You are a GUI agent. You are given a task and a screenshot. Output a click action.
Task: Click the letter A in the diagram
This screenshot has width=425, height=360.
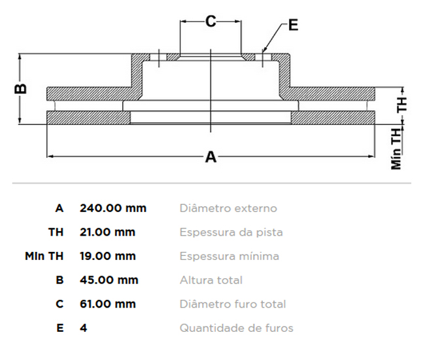pyautogui.click(x=211, y=157)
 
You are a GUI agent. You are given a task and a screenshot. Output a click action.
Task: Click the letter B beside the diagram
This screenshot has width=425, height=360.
pyautogui.click(x=21, y=88)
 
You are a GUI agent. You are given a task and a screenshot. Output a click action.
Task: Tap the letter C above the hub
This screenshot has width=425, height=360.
pyautogui.click(x=211, y=22)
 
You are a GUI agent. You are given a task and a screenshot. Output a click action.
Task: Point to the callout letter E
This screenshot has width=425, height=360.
pyautogui.click(x=292, y=26)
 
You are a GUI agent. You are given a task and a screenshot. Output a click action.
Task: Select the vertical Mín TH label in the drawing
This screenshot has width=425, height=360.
pyautogui.click(x=397, y=149)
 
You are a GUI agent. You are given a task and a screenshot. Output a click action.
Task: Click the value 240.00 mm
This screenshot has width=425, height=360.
pyautogui.click(x=113, y=208)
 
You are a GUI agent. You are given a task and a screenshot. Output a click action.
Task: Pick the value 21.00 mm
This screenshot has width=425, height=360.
pyautogui.click(x=107, y=232)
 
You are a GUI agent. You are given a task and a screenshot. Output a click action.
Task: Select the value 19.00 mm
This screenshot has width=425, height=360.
pyautogui.click(x=107, y=256)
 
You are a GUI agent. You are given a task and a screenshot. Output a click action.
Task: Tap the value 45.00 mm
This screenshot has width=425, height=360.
pyautogui.click(x=109, y=280)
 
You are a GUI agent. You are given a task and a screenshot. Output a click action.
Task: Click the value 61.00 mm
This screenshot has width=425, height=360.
pyautogui.click(x=107, y=304)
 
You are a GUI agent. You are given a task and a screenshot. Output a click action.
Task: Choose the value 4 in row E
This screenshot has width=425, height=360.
pyautogui.click(x=83, y=328)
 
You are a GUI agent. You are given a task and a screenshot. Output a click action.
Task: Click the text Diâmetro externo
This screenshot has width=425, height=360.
pyautogui.click(x=228, y=208)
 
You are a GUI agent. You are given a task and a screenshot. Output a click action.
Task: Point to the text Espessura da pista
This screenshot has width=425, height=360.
pyautogui.click(x=231, y=232)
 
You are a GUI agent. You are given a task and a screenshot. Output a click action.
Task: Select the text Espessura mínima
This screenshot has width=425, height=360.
pyautogui.click(x=229, y=256)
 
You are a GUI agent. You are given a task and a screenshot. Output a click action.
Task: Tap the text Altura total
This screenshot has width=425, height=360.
pyautogui.click(x=211, y=280)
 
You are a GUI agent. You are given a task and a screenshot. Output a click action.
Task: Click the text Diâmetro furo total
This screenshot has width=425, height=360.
pyautogui.click(x=233, y=304)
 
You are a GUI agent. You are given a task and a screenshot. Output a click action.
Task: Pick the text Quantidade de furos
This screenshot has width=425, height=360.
pyautogui.click(x=237, y=328)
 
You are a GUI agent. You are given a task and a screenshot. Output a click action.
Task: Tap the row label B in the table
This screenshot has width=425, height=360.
pyautogui.click(x=59, y=280)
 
